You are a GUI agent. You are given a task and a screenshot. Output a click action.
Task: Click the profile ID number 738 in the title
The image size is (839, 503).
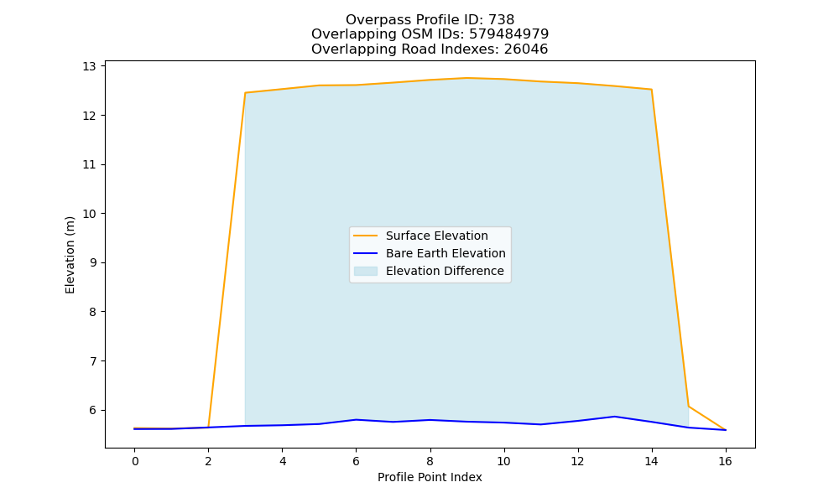[x=502, y=20]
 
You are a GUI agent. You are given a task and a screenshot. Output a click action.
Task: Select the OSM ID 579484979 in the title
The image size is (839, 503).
[x=509, y=34]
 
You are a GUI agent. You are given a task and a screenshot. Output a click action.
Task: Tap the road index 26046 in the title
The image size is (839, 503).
[x=526, y=49]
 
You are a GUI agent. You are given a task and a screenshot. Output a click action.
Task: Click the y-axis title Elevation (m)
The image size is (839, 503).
[x=70, y=255]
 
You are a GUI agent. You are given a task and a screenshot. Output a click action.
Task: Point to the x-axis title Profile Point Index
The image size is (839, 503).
[x=430, y=477]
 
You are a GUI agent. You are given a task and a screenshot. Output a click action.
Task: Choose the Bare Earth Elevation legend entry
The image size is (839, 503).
[x=430, y=253]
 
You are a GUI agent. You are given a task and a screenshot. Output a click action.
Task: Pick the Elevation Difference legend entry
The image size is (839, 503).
[x=429, y=271]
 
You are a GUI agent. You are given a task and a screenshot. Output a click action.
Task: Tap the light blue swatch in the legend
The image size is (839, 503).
[x=366, y=271]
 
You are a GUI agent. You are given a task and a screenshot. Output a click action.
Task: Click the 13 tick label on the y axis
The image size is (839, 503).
[x=89, y=66]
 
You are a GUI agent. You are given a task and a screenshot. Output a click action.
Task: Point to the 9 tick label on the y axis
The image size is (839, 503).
[x=92, y=263]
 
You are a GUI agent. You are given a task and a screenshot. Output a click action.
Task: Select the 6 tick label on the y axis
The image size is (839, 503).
[x=92, y=411]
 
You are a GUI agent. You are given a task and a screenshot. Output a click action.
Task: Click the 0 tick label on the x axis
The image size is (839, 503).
[x=135, y=461]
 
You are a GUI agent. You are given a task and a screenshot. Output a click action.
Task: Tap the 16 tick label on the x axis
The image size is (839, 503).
[x=725, y=461]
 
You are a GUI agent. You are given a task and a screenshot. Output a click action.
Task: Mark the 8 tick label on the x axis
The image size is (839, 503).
[x=430, y=461]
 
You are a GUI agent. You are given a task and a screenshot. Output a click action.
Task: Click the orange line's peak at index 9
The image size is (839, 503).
[x=466, y=78]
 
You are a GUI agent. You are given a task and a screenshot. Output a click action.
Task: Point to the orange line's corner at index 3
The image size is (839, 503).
[x=245, y=92]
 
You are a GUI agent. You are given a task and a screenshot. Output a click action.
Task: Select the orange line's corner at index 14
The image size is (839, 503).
[x=651, y=89]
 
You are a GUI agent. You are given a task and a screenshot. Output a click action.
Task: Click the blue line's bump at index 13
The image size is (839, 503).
[x=614, y=417]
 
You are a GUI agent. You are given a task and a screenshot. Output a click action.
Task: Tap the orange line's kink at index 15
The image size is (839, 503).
[x=688, y=407]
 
